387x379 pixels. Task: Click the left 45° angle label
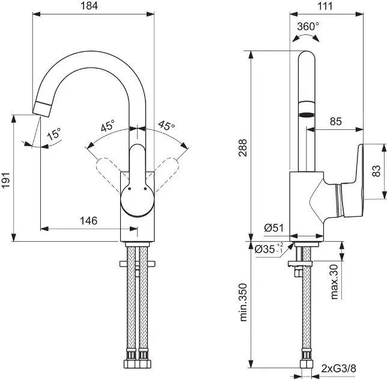[x=108, y=126]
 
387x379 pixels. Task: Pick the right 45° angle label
[x=166, y=126]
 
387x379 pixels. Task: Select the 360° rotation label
[x=308, y=26]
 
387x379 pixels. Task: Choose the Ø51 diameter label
[x=274, y=227]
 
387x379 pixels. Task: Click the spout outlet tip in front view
[x=43, y=109]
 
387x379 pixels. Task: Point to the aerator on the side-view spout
[x=306, y=112]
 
